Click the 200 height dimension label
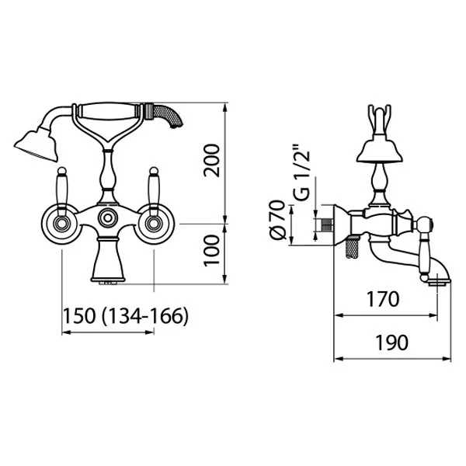pyautogui.click(x=211, y=161)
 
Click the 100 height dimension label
pyautogui.click(x=211, y=251)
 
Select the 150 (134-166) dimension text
pyautogui.click(x=126, y=315)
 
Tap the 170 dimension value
pyautogui.click(x=383, y=299)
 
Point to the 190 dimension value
pyautogui.click(x=392, y=343)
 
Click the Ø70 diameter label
pyautogui.click(x=278, y=219)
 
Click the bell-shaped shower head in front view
pyautogui.click(x=37, y=145)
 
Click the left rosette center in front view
pyautogui.click(x=62, y=224)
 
